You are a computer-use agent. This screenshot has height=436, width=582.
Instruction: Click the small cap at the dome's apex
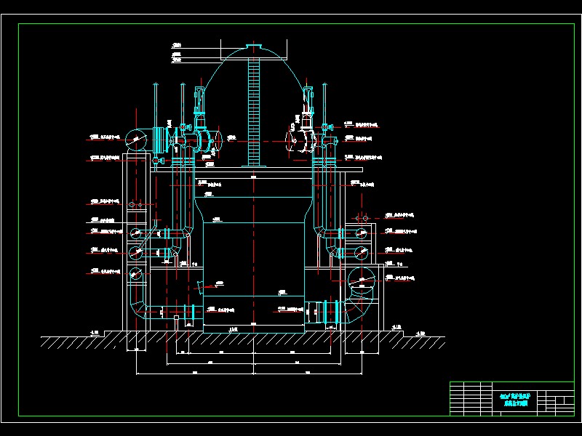pyautogui.click(x=254, y=49)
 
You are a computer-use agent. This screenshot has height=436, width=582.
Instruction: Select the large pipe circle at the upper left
pyautogui.click(x=137, y=138)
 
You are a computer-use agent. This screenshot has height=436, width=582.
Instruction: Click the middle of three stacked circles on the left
pyautogui.click(x=137, y=251)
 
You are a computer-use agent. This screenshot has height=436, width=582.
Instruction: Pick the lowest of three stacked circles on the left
pyautogui.click(x=135, y=275)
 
